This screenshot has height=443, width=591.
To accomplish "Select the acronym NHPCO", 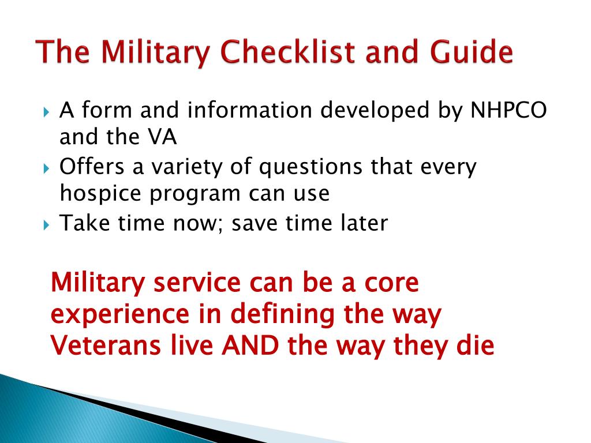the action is point(508,110).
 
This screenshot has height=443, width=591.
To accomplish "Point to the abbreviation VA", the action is point(162,137).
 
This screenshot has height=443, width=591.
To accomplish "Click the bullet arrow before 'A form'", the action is point(46,112).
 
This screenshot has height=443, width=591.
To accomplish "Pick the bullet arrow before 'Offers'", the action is point(46,168).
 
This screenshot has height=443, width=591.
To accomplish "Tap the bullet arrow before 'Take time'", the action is point(46,225).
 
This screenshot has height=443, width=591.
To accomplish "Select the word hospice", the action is point(100,194).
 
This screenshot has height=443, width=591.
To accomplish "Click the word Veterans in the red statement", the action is point(106,345).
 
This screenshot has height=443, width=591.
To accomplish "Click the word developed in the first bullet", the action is point(375,111).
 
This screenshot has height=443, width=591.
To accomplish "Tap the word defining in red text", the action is point(282,314).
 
